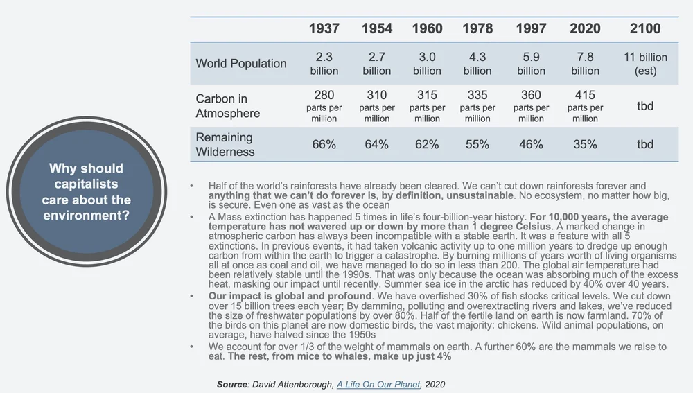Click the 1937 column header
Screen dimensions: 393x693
coord(324,28)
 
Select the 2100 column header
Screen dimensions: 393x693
coord(645,28)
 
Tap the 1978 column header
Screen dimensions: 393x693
coord(477,28)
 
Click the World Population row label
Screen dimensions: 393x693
coord(240,64)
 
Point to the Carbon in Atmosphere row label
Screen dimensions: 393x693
coord(227,106)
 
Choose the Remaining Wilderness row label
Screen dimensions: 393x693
coord(225,144)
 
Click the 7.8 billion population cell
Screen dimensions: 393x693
coord(585,64)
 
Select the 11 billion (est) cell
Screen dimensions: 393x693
coord(645,64)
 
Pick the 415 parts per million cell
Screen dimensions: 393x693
coord(585,106)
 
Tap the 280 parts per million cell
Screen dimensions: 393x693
coord(324,106)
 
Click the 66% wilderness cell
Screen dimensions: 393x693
coord(324,144)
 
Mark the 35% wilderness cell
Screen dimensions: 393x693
coord(585,144)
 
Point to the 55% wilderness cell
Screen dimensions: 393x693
coord(477,144)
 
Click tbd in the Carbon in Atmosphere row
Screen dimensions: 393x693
coord(645,106)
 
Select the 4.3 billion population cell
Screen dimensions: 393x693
coord(477,64)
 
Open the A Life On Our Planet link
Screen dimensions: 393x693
coord(378,383)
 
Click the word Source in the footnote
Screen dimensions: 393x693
coord(232,383)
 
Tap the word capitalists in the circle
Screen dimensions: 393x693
coord(87,184)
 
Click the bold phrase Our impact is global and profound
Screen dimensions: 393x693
coord(289,296)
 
